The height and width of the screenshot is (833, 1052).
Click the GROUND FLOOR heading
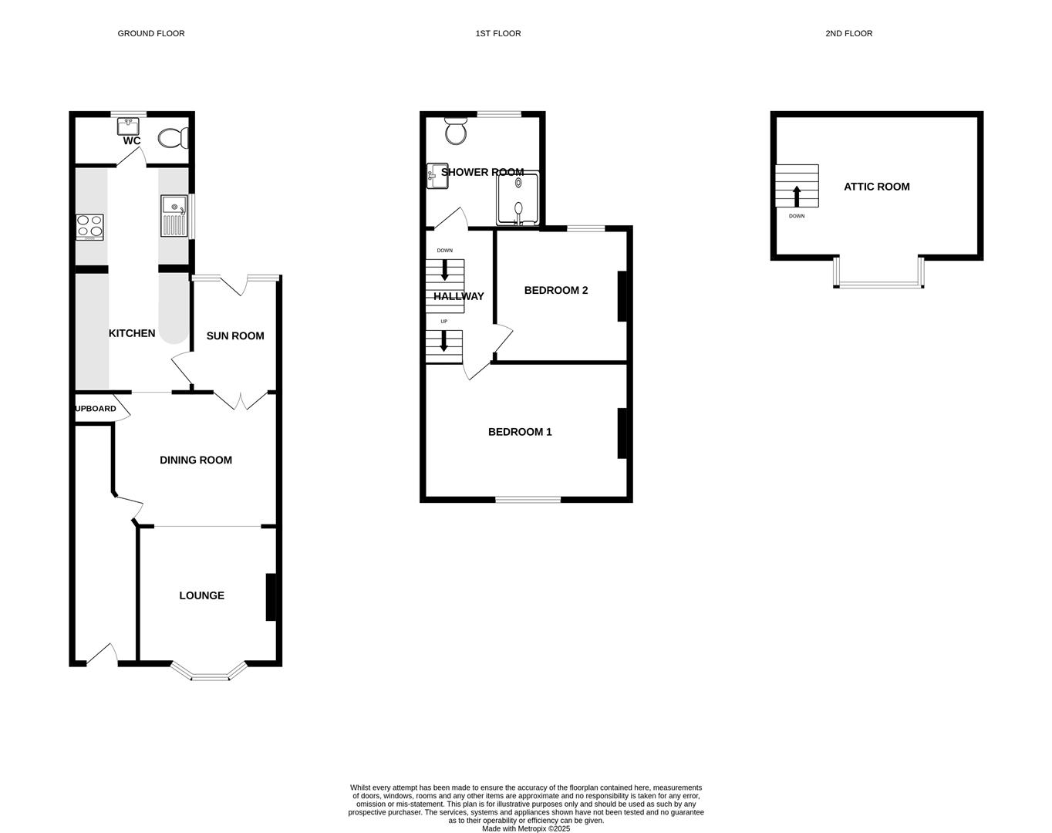pos(151,33)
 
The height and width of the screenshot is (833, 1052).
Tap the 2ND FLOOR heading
pos(848,33)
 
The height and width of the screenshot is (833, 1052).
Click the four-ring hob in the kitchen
pos(90,227)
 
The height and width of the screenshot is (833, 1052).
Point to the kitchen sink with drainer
pos(174,216)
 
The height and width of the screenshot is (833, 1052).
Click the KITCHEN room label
pos(132,333)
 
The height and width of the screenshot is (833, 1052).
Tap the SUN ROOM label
pos(235,336)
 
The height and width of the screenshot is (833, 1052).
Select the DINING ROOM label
pos(196,460)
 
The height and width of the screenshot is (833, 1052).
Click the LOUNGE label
pos(201,595)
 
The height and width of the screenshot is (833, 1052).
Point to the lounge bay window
pos(210,676)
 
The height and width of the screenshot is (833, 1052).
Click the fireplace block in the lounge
pos(271,596)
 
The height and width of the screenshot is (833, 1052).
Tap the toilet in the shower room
pos(456,131)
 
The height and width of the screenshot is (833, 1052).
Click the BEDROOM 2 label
pos(556,290)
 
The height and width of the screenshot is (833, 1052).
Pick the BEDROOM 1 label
pos(520,432)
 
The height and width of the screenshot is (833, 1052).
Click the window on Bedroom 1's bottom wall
pos(528,500)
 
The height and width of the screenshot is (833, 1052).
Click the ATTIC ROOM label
pos(876,187)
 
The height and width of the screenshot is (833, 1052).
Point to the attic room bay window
pos(878,284)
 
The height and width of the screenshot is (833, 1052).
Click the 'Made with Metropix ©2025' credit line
pos(526,829)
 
